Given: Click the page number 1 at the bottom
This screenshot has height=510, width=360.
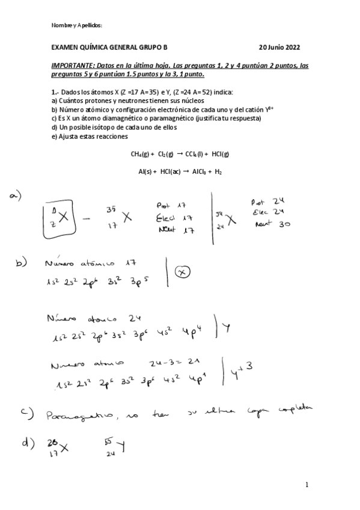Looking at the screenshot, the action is pyautogui.click(x=307, y=485).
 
